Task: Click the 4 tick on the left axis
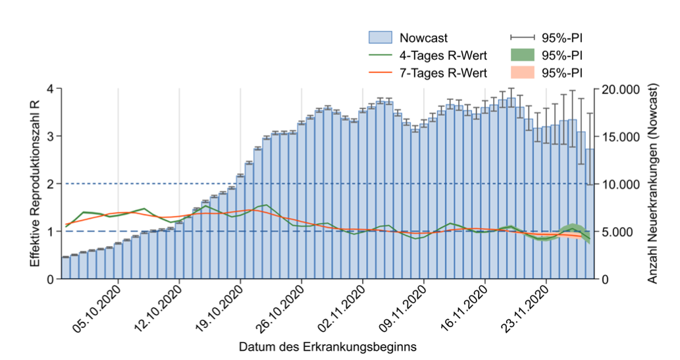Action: point(50,89)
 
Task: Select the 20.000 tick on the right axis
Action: point(620,89)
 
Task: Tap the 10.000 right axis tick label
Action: point(620,184)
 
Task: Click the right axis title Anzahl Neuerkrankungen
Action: point(654,184)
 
